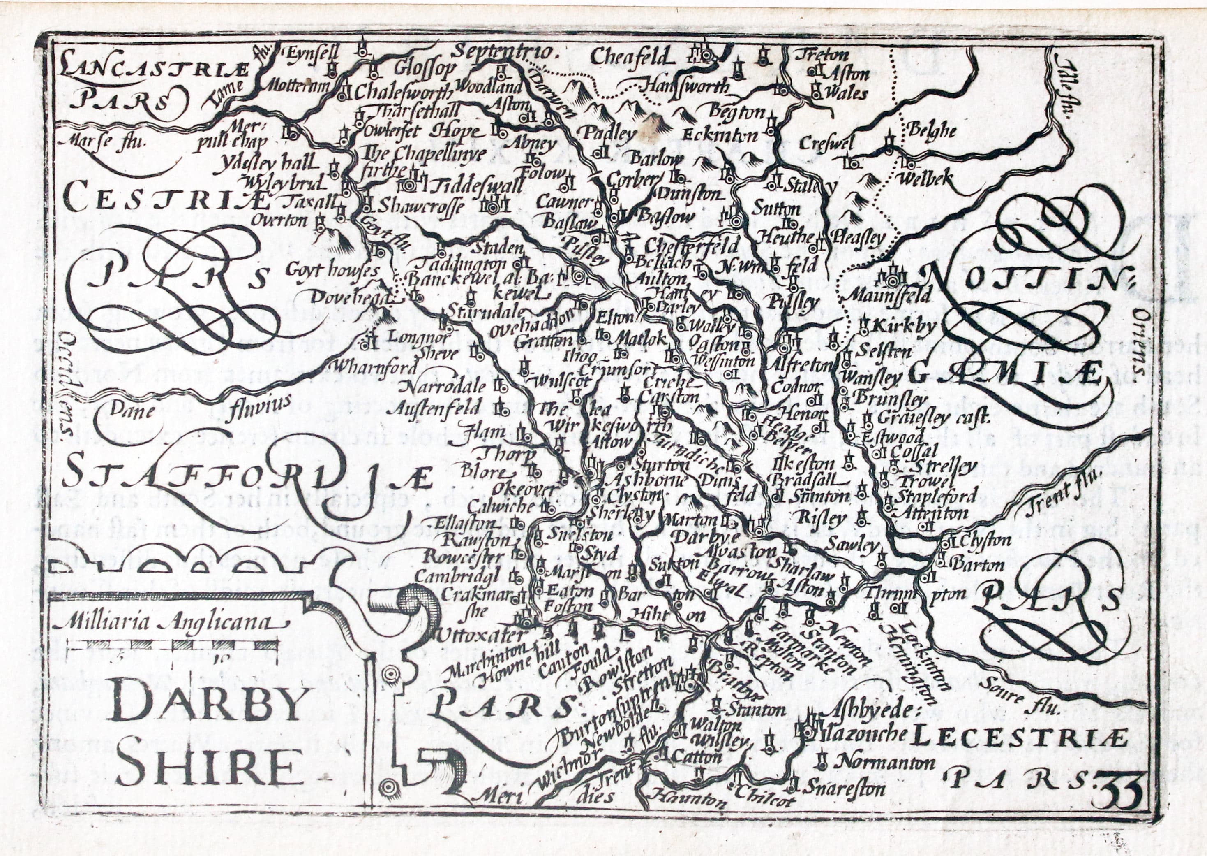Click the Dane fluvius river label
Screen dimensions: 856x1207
coord(200,408)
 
